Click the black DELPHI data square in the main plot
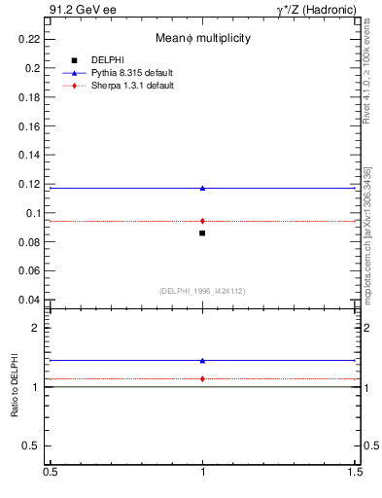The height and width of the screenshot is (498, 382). pos(202,233)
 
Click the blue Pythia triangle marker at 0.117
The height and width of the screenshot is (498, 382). pos(202,188)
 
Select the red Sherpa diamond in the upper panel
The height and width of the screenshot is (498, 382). pos(202,221)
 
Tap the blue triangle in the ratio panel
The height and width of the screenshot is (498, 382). pos(202,360)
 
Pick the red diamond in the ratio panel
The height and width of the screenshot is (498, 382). pos(202,378)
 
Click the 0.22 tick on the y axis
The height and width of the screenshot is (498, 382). pos(33,39)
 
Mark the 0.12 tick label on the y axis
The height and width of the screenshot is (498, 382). pos(33,184)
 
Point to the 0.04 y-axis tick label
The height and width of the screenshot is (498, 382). pos(33,300)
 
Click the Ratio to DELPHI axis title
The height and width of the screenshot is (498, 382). pos(16,387)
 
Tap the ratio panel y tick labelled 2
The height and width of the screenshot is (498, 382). pos(38,329)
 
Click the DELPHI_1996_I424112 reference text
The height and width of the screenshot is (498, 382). pos(202,290)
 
